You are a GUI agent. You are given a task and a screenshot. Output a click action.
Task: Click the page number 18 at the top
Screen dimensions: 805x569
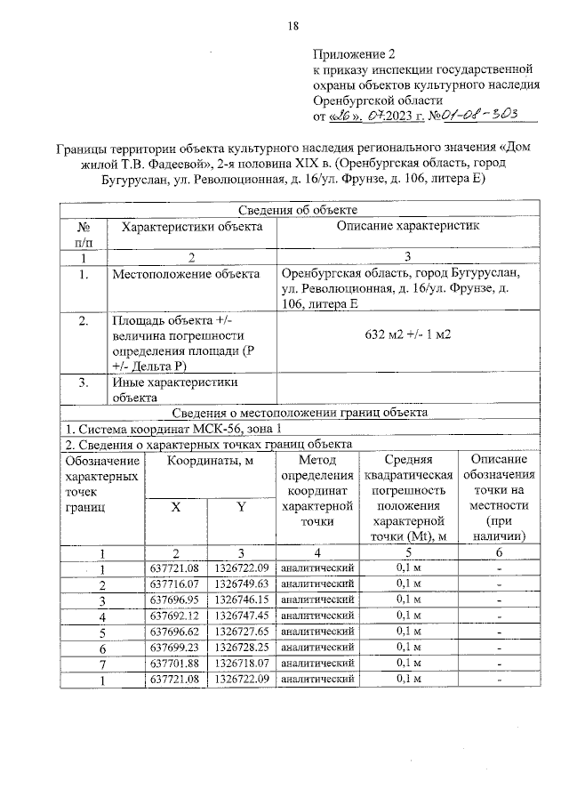[x=293, y=26]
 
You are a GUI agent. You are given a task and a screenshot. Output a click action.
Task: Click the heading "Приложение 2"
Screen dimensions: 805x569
[x=354, y=52]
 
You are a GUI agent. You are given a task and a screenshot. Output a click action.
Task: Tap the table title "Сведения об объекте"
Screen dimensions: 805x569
[x=298, y=210]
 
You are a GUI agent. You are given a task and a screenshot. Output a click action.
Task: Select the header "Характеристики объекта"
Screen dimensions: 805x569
[x=191, y=227]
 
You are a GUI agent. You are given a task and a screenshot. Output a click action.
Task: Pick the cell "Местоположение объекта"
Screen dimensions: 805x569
[x=186, y=274]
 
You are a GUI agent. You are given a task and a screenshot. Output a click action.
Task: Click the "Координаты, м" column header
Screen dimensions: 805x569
[x=210, y=460]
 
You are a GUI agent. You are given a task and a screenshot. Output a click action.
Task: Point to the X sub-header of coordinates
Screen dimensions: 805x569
[x=175, y=507]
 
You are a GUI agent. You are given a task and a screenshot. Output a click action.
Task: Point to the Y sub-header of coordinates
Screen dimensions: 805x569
[x=241, y=507]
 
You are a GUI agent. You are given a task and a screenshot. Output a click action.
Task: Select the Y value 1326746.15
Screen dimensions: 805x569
[x=241, y=600]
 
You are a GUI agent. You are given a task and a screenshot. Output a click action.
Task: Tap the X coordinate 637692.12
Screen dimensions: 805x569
[x=174, y=616]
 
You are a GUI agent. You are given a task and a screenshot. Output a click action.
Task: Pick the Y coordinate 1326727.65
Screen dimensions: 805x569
[x=241, y=632]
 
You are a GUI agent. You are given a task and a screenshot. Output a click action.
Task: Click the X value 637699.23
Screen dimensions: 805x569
[x=174, y=648]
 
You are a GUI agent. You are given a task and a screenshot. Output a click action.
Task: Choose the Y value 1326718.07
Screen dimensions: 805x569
[x=241, y=664]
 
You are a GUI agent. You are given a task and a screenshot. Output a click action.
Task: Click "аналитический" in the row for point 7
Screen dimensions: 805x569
[x=317, y=664]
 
